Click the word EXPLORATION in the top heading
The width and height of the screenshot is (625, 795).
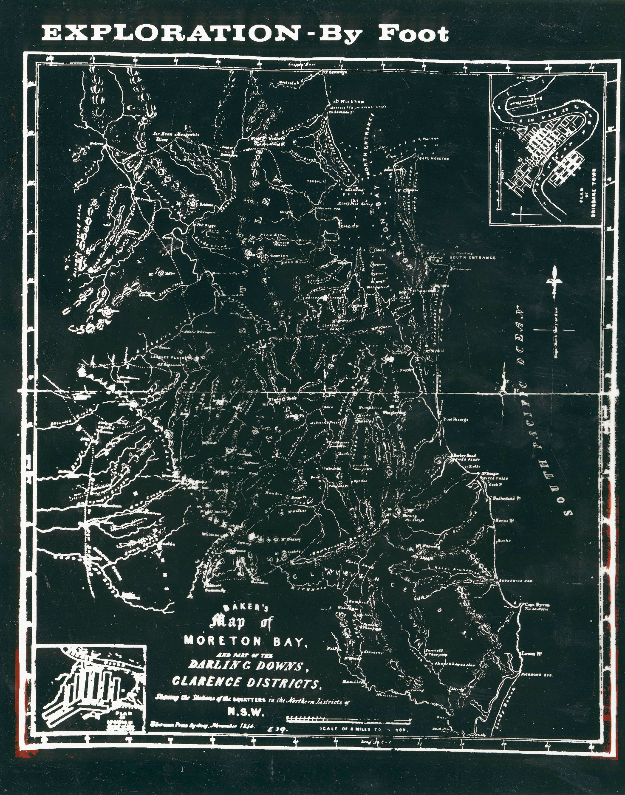pos(170,34)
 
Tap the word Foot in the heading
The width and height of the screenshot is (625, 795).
pos(413,34)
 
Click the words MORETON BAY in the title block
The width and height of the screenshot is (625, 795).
pos(245,641)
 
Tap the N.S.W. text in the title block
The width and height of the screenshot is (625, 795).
pos(246,712)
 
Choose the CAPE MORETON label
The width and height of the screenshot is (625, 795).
pos(434,158)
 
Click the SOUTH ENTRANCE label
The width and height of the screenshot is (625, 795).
pos(472,257)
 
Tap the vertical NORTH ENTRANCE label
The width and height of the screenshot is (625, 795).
pos(369,144)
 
